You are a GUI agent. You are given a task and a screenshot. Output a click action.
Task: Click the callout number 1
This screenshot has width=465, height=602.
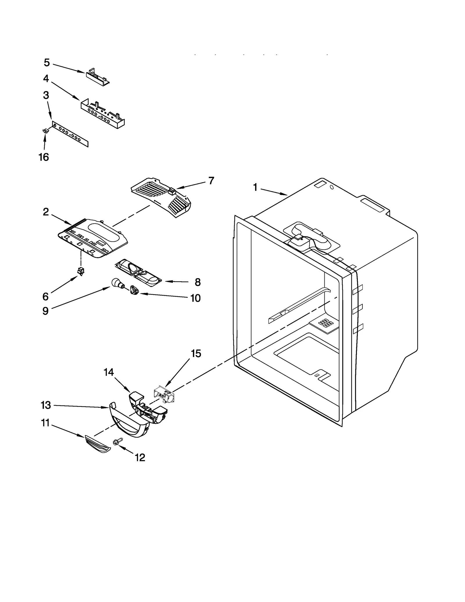coord(255,187)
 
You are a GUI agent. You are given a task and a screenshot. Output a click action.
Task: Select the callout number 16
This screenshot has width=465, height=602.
coord(44,157)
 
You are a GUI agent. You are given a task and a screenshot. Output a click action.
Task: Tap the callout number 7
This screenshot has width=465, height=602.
coord(211,181)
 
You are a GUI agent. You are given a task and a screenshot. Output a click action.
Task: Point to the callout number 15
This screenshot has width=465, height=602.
coord(196,353)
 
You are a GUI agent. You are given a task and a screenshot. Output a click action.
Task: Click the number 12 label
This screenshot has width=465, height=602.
coord(140,458)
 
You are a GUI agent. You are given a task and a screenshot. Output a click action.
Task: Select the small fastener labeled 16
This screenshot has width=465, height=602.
coord(45,131)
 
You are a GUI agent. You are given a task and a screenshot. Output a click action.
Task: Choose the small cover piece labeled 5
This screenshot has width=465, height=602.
coord(98,76)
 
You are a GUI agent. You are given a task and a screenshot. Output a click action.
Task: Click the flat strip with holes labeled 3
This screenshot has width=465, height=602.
coord(70,135)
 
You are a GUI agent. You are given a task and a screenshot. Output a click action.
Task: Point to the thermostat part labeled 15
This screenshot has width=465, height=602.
coord(164,394)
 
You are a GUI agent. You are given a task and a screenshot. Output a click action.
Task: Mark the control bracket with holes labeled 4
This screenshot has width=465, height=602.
coord(103,113)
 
